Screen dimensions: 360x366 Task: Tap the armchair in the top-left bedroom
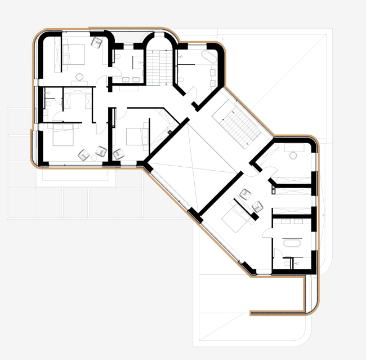click(96, 41)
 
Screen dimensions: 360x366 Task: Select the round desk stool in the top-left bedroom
click(80, 77)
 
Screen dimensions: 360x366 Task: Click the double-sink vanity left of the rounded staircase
click(131, 79)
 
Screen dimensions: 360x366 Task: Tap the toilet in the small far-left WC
click(50, 102)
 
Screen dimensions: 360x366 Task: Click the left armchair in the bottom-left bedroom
click(83, 153)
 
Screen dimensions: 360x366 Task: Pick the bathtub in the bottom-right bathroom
click(292, 243)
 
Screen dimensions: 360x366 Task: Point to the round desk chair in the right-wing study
click(293, 154)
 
